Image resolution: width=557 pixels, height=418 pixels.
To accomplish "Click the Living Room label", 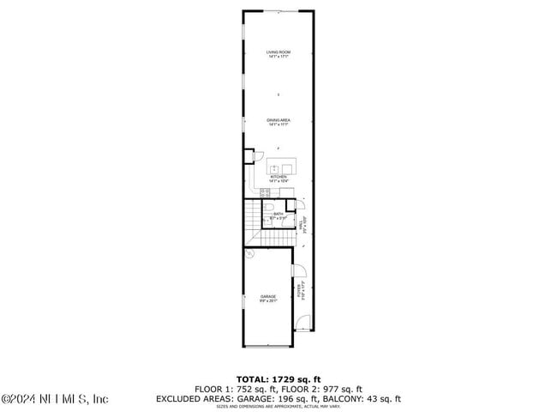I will pos(278,54).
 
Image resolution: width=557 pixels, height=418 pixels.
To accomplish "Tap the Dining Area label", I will pos(278,122).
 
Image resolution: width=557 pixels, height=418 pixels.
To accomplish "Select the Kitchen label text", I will pos(278,179).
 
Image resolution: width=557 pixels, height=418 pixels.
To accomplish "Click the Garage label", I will pos(268,297).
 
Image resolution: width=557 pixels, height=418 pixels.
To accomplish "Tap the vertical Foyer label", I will pos(300,292).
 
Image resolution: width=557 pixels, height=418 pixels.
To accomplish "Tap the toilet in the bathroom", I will pos(269,208).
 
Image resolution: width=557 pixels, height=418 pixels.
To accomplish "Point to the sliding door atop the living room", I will pos(278,11).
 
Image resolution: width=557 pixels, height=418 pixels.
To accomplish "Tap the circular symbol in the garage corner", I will pos(249,254).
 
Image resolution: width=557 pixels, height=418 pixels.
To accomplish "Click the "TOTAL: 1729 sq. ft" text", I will pos(278,379).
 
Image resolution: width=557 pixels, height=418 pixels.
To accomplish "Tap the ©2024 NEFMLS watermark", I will pos(55,399).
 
